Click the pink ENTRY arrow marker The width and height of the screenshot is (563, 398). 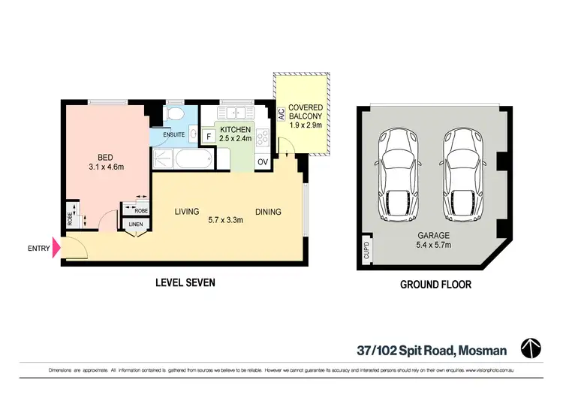point(55,248)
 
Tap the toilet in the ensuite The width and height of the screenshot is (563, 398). point(174,115)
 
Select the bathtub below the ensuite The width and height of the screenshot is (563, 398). point(183,160)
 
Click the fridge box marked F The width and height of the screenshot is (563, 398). point(208,137)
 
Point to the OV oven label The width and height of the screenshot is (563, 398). point(263,161)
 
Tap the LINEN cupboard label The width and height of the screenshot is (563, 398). point(136,225)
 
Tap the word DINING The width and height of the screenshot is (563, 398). point(268,212)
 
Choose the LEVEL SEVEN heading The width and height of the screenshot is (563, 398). point(185,283)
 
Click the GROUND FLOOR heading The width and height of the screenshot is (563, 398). point(435,285)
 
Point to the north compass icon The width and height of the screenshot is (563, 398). point(531,348)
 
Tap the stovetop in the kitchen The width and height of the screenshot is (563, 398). point(263,137)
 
